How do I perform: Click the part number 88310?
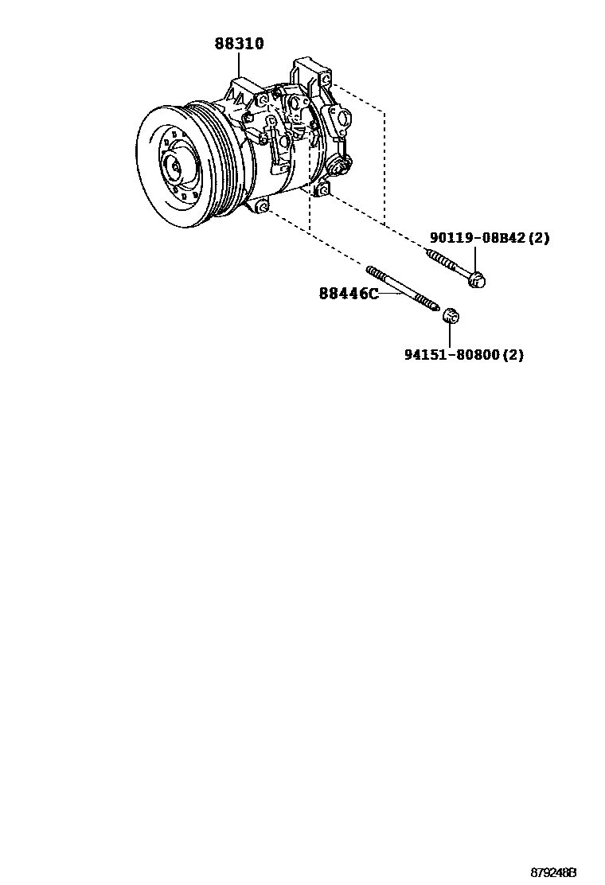coord(238,45)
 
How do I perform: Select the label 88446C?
coord(348,294)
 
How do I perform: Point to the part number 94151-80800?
coord(455,355)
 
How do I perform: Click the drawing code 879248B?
coord(553,872)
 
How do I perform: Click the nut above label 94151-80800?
coord(451,315)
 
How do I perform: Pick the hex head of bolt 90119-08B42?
coord(477,279)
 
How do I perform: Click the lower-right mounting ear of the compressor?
coord(322,189)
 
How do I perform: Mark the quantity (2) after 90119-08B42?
coord(538,238)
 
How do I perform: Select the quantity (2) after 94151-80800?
coord(513,355)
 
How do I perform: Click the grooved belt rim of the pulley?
coord(215,159)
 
